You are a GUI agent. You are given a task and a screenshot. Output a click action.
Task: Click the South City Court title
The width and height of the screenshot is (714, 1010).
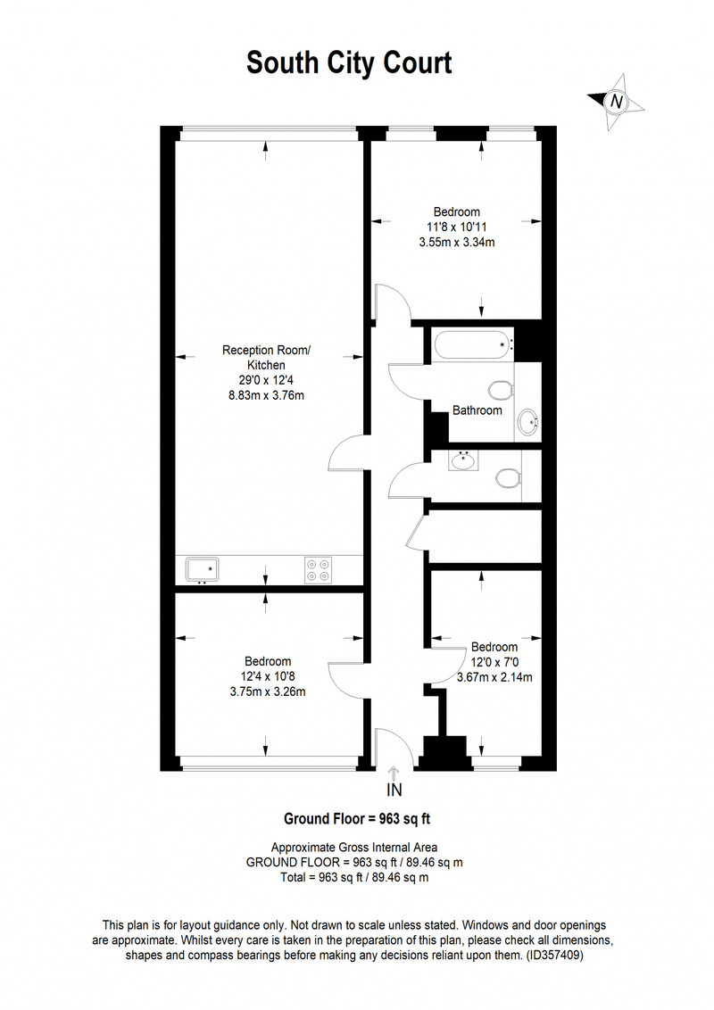click(x=349, y=63)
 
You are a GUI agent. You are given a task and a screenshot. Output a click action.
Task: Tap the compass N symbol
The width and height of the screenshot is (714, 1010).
click(x=617, y=101)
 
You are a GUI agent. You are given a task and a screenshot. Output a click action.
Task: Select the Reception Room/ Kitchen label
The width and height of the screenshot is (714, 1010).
click(x=266, y=358)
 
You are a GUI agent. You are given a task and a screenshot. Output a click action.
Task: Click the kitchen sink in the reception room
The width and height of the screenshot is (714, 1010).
click(x=203, y=570)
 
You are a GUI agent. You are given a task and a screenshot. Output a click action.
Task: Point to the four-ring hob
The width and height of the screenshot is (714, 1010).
click(x=319, y=569)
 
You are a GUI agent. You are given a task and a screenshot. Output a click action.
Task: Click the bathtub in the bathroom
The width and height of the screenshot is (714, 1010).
click(x=474, y=345)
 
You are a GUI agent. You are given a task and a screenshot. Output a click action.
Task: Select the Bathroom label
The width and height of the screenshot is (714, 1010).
click(x=477, y=410)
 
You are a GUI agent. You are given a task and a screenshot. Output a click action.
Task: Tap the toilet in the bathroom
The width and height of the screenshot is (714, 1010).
click(x=502, y=390)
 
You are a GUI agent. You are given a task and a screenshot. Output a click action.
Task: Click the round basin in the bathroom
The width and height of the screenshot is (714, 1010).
click(x=529, y=423)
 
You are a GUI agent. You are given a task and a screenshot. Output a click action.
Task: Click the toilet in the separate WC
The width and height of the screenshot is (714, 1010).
click(x=509, y=478)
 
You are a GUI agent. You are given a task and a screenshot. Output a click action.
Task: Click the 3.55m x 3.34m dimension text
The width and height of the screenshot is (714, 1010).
click(x=457, y=242)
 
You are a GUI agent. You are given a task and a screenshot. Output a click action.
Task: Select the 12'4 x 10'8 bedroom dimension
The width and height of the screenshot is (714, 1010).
click(x=268, y=676)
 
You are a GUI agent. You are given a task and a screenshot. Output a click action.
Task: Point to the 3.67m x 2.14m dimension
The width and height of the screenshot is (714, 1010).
click(x=494, y=677)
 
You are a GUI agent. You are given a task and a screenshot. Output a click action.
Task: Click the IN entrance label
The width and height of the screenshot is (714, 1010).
click(x=394, y=790)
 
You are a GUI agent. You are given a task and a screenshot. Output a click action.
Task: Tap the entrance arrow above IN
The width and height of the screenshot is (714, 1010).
click(x=394, y=773)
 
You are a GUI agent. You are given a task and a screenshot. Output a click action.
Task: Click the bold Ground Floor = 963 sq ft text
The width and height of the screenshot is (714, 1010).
click(x=357, y=819)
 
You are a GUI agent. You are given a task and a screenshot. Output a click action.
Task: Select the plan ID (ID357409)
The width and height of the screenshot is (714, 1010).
click(x=554, y=956)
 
